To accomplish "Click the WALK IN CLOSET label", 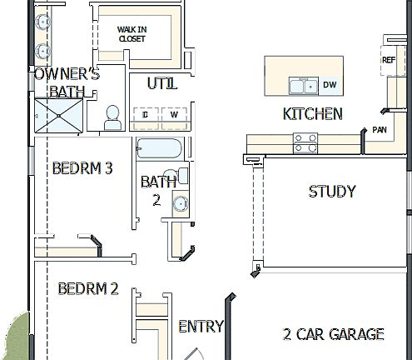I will pos(132,33).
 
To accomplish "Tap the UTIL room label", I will pos(161,83).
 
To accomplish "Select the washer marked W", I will pos(175,115).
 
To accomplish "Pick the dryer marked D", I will pos(146,115).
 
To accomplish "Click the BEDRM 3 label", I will pos(82,168).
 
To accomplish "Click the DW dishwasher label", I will pos(330,85).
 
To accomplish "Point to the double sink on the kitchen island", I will pos(300,85).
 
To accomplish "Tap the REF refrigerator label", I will pos(389,60).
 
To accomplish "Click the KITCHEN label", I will pos(313,114).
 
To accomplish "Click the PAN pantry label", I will pos(379,129).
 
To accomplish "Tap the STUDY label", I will pos(331,192).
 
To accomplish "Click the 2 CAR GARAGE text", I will pos(333,334).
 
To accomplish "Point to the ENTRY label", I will pos(201,326).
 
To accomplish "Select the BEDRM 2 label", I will pos(87,289).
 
